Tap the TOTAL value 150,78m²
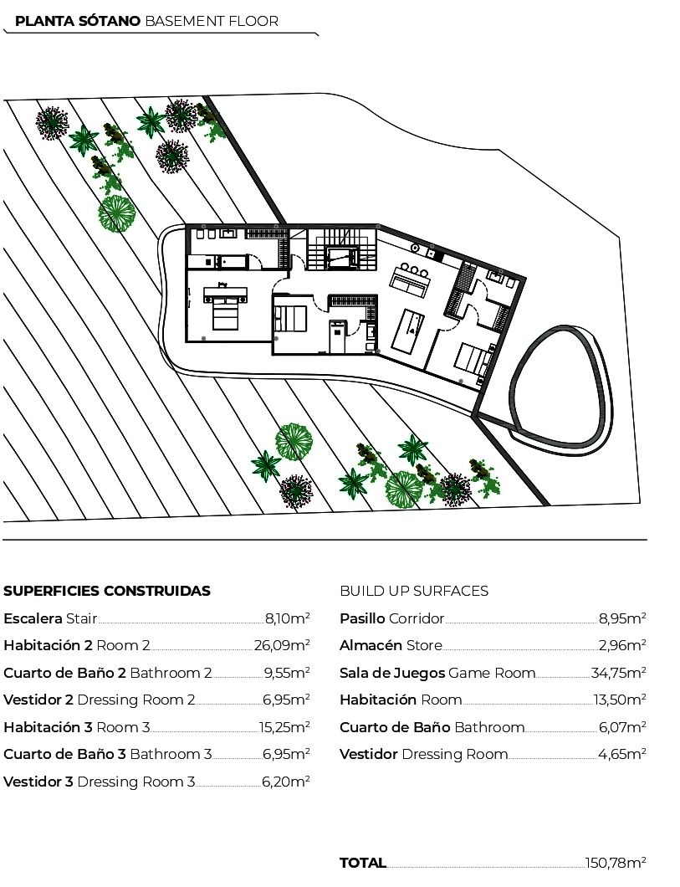616,863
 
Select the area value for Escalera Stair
287,618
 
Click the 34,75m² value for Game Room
618,673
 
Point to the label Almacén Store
391,645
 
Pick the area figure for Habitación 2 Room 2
282,645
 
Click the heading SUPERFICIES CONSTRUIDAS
107,591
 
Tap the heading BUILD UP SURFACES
414,591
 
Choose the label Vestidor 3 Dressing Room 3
99,782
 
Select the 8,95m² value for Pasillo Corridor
622,618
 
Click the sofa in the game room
409,281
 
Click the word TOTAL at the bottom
363,863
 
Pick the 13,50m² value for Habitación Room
620,700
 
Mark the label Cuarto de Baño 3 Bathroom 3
107,755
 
